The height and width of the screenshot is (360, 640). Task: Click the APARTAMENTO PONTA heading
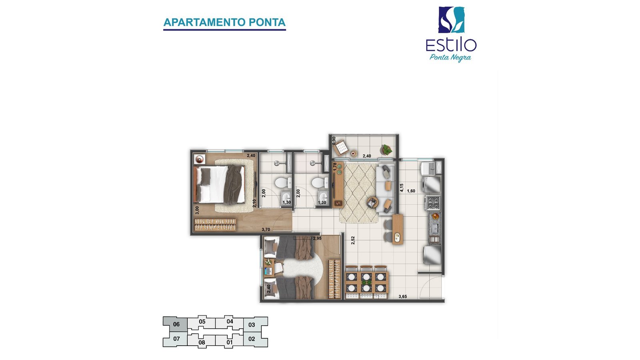[224, 22]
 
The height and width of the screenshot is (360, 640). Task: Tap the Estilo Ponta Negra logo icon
[452, 20]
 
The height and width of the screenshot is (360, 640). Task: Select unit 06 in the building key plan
[175, 324]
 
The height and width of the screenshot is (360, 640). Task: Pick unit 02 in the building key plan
[252, 339]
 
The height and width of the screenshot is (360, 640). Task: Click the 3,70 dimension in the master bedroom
[266, 230]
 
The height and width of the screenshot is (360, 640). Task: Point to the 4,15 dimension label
[402, 188]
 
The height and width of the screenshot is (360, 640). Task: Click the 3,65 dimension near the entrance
[402, 296]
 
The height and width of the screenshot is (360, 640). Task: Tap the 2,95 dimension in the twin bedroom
[317, 238]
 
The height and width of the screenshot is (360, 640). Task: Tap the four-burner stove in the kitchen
[433, 203]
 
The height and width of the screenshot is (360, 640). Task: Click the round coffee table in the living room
[372, 203]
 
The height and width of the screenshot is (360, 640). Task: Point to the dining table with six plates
[366, 282]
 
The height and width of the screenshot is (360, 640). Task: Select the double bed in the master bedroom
[220, 184]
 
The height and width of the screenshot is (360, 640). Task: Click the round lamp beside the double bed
[199, 159]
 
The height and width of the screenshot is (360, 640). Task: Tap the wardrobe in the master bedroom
[215, 224]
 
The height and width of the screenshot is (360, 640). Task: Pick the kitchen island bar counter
[398, 229]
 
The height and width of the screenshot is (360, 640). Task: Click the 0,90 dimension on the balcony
[334, 141]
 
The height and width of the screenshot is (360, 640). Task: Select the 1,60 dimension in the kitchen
[411, 191]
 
